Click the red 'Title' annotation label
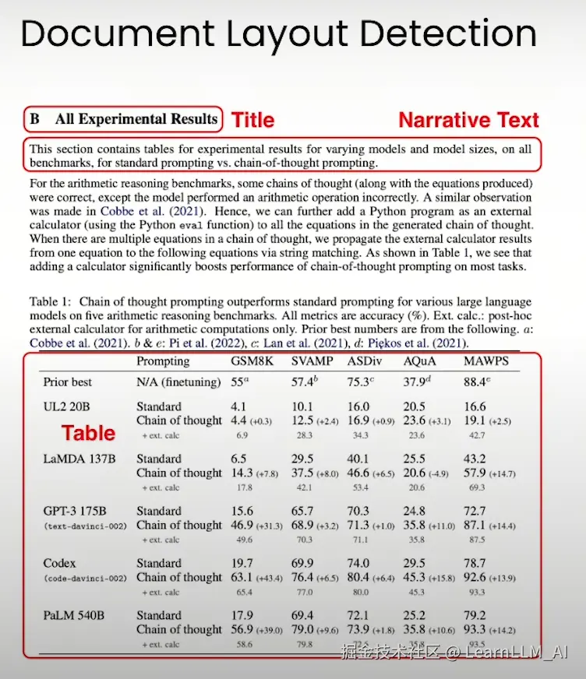pyautogui.click(x=253, y=120)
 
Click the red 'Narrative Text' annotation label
pyautogui.click(x=468, y=120)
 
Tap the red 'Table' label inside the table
pyautogui.click(x=88, y=433)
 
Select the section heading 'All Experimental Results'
pyautogui.click(x=136, y=119)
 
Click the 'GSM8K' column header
pyautogui.click(x=252, y=361)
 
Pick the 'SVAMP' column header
pyautogui.click(x=312, y=361)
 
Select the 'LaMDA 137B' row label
pyautogui.click(x=79, y=459)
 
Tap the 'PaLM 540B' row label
pyautogui.click(x=75, y=615)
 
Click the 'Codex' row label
pyautogui.click(x=60, y=563)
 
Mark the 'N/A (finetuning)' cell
pyautogui.click(x=175, y=382)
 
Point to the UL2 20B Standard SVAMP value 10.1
pyautogui.click(x=302, y=406)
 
